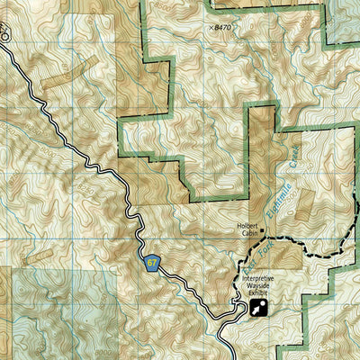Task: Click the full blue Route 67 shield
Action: click(151, 263)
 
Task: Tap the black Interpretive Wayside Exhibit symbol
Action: click(258, 309)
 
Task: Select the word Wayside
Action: click(257, 287)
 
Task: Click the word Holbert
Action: click(249, 225)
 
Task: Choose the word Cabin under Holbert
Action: click(249, 232)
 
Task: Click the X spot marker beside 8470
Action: click(212, 28)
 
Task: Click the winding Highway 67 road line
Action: click(90, 162)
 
